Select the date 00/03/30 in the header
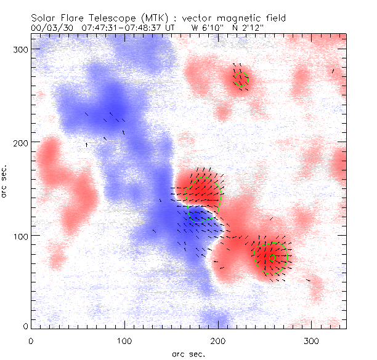pyautogui.click(x=49, y=28)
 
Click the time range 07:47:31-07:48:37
pyautogui.click(x=119, y=28)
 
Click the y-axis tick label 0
pyautogui.click(x=25, y=326)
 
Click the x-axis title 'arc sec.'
pyautogui.click(x=188, y=354)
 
